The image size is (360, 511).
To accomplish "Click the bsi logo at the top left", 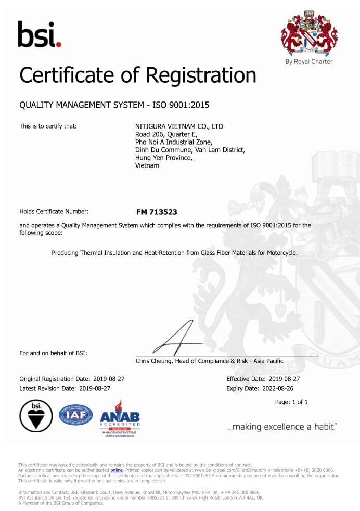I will point(39,34).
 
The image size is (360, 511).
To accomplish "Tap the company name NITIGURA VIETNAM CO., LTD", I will point(179,126).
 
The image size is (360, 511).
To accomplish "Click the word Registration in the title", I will point(200,76).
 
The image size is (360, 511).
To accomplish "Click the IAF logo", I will point(76,415).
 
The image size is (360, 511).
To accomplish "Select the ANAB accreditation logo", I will point(120,416).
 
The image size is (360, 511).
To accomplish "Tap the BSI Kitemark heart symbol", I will point(36,416).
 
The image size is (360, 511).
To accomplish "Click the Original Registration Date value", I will point(109,379).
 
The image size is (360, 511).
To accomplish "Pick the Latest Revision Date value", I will point(95,388).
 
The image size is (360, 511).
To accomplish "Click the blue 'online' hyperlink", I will point(117,470).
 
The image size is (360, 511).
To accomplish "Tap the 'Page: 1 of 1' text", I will point(291,402).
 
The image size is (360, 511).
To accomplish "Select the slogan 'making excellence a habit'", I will point(282,427).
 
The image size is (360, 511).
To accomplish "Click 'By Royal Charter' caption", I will point(309,62).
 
